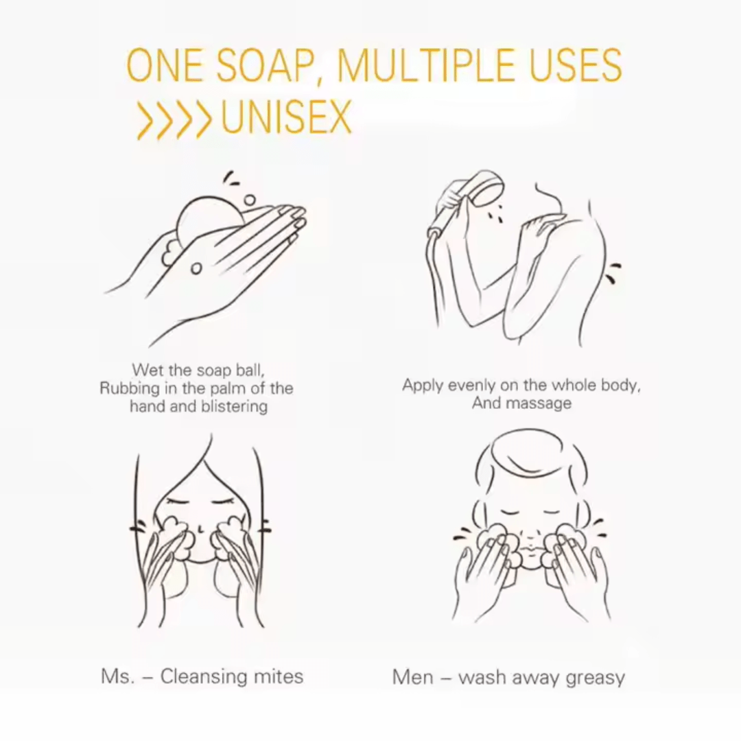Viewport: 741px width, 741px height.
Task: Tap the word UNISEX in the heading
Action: tap(286, 117)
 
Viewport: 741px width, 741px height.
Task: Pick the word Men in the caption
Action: tap(412, 677)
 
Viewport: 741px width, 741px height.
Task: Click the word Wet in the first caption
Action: tap(145, 370)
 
